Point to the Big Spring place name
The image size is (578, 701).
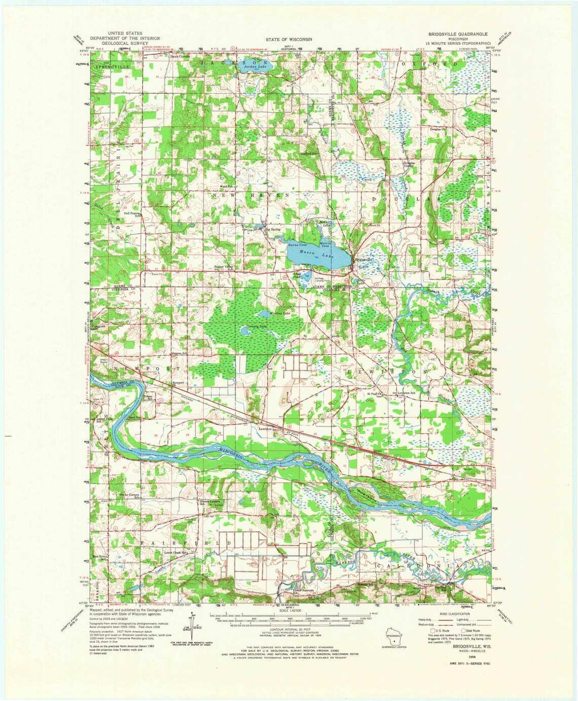point(273,229)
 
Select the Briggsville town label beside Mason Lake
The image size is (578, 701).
point(363,260)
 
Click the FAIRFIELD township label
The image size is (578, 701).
point(186,542)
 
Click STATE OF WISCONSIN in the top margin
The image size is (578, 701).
point(289,39)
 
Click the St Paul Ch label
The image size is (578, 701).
point(376,393)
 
